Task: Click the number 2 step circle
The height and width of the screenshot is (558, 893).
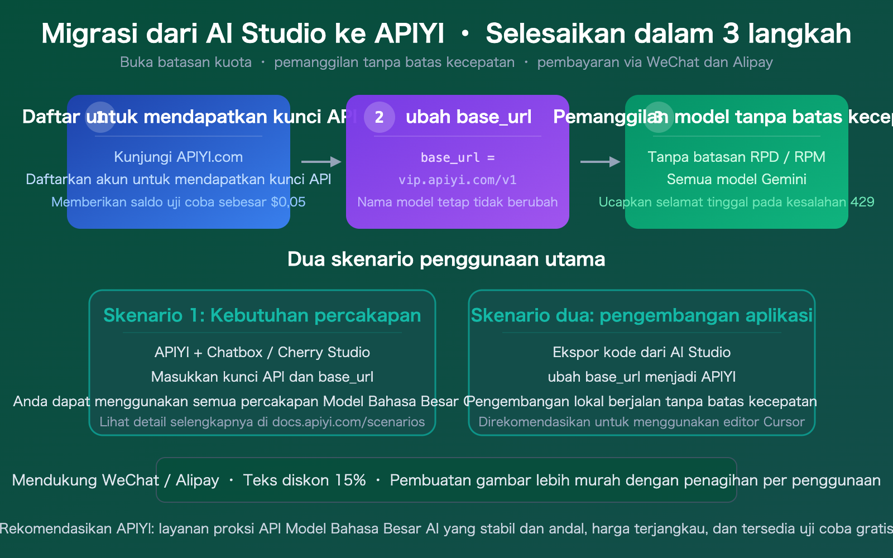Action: (x=379, y=117)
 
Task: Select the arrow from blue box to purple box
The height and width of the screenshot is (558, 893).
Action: (x=321, y=162)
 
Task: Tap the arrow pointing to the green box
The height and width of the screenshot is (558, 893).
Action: (x=600, y=162)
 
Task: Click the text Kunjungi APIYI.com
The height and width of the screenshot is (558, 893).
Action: (x=178, y=157)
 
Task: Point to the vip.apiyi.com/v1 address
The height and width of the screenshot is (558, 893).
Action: (x=457, y=180)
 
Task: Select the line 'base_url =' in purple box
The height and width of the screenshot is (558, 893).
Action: (x=457, y=157)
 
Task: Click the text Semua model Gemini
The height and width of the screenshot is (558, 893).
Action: (x=736, y=179)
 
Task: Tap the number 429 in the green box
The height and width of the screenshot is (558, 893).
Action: (x=862, y=202)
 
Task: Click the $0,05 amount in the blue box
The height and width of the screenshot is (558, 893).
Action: (x=288, y=202)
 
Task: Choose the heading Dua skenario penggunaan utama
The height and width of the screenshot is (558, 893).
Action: (x=446, y=259)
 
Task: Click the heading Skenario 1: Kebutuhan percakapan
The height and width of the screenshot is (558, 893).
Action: (x=262, y=315)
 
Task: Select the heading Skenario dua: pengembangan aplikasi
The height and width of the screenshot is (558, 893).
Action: (x=641, y=315)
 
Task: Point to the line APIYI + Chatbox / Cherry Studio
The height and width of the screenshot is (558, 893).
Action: (x=262, y=352)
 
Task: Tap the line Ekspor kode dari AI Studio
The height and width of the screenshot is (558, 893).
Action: (x=641, y=352)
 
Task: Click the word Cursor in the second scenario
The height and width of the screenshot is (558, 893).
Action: (x=784, y=422)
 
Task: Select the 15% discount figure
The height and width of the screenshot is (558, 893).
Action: (x=350, y=480)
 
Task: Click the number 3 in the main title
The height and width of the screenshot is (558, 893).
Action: (x=731, y=33)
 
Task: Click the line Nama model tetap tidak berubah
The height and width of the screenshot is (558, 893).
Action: (x=457, y=202)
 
